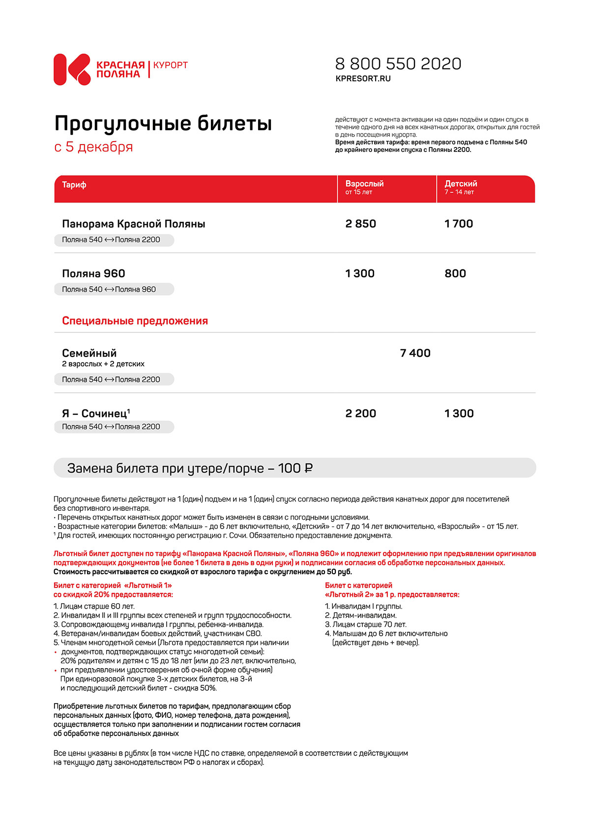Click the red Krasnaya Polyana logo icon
click(x=72, y=69)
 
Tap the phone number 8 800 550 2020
click(x=398, y=64)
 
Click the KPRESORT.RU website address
click(x=363, y=79)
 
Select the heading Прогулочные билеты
click(x=163, y=123)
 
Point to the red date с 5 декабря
click(x=93, y=147)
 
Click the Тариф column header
click(x=74, y=185)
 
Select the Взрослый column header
click(x=364, y=184)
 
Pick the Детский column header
click(x=461, y=184)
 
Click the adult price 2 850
click(x=360, y=224)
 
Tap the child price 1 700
click(x=459, y=224)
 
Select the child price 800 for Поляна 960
click(x=455, y=274)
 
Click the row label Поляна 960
click(x=93, y=274)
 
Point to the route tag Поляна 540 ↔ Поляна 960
click(x=109, y=290)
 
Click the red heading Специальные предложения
click(x=135, y=321)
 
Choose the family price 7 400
click(x=415, y=353)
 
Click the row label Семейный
click(x=89, y=353)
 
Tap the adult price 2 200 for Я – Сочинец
click(x=360, y=414)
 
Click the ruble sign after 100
click(x=308, y=469)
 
